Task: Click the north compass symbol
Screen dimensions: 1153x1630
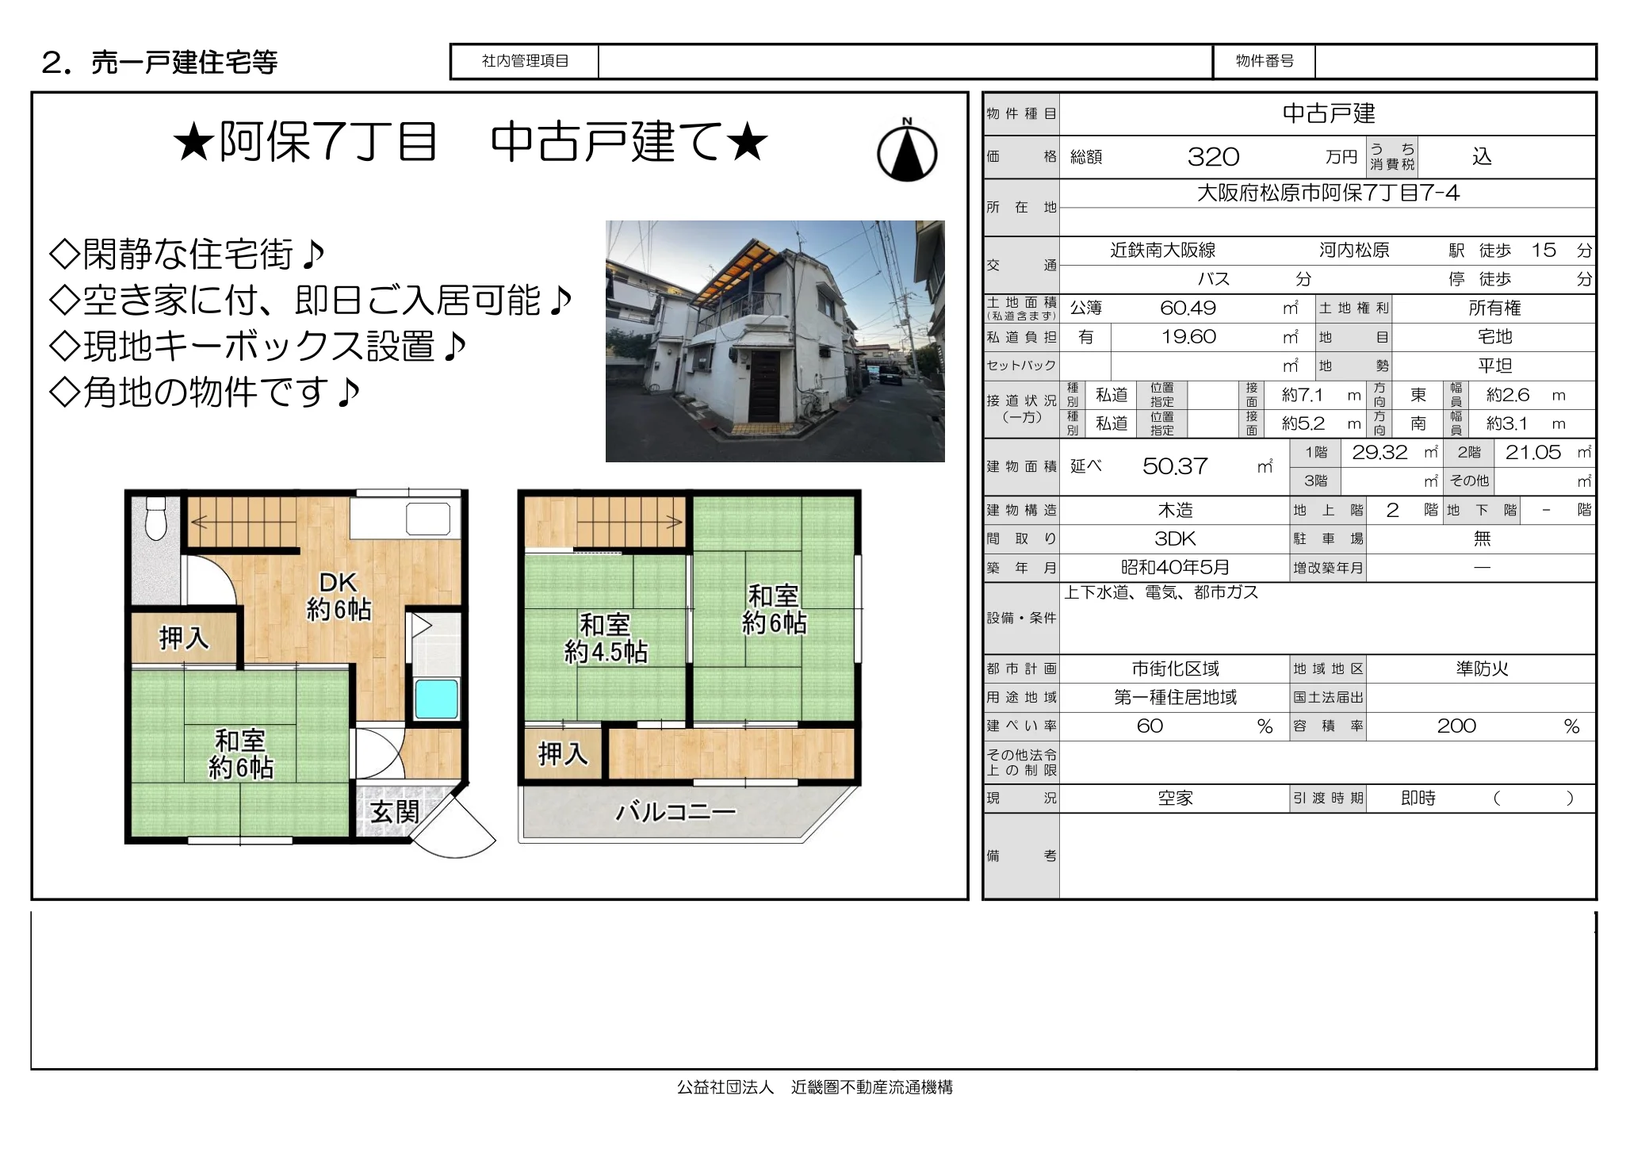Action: coord(907,152)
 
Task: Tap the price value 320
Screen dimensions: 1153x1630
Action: coord(1213,157)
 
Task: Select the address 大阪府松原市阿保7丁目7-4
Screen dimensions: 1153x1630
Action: coord(1328,193)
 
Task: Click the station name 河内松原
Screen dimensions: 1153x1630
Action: coord(1354,251)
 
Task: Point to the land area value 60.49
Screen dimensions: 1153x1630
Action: coord(1188,308)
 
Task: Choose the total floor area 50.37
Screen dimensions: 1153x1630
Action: coord(1175,466)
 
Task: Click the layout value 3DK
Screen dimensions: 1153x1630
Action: coord(1175,539)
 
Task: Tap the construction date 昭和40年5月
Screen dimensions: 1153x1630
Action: coord(1175,568)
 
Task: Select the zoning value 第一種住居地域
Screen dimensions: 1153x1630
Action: coord(1175,698)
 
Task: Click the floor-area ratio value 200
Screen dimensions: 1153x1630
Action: coord(1456,726)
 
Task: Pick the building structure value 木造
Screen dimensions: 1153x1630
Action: coord(1175,510)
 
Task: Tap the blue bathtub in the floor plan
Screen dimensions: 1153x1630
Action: coord(436,699)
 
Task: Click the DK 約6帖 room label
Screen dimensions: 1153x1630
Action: coord(339,596)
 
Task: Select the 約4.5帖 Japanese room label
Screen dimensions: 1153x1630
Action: coord(606,639)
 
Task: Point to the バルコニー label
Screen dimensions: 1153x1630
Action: coord(675,811)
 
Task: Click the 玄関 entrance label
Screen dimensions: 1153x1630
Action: coord(394,812)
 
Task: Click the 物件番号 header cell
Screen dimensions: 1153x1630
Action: coord(1265,61)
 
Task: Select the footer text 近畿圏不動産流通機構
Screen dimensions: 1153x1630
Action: coord(871,1087)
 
